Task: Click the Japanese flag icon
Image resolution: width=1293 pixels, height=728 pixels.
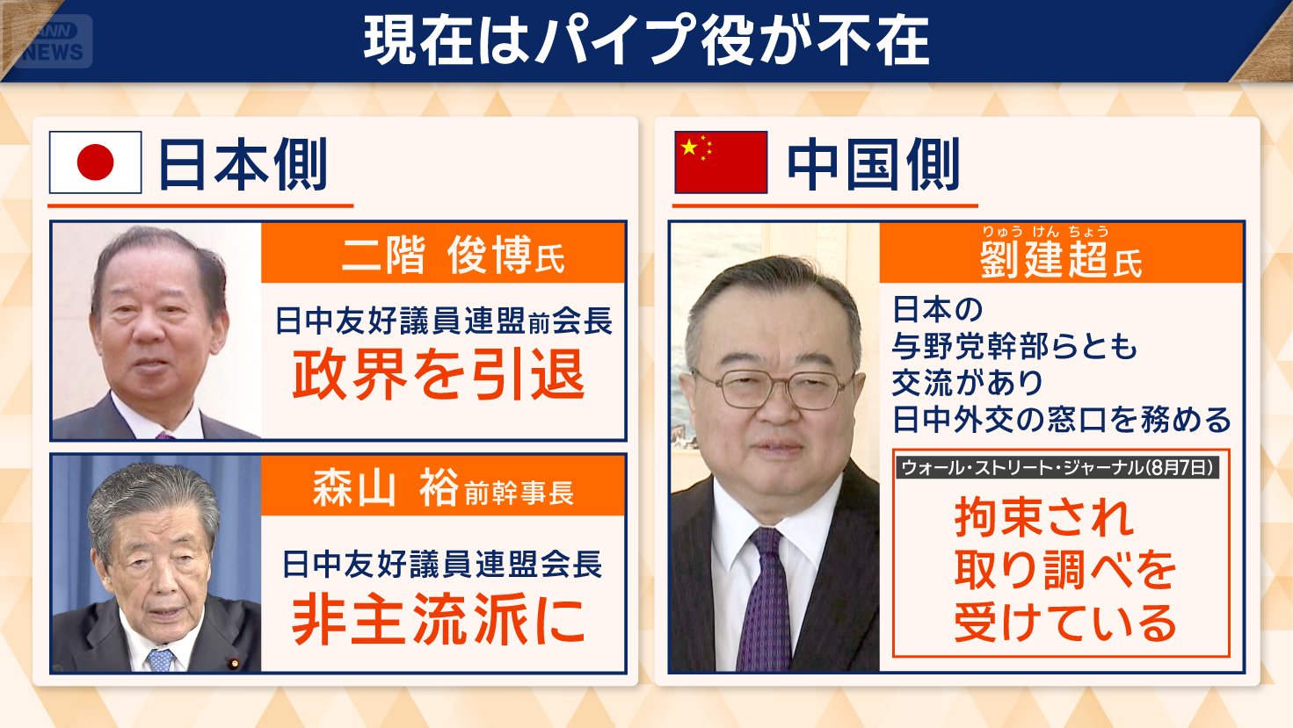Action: pyautogui.click(x=95, y=162)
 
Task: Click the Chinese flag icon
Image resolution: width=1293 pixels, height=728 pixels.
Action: pyautogui.click(x=720, y=162)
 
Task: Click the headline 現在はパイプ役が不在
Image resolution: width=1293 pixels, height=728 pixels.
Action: pyautogui.click(x=646, y=41)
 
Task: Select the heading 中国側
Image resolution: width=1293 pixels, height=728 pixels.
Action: pyautogui.click(x=873, y=164)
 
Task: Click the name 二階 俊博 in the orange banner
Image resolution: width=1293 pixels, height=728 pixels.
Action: pyautogui.click(x=437, y=256)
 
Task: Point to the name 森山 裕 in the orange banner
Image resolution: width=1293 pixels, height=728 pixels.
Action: pyautogui.click(x=386, y=487)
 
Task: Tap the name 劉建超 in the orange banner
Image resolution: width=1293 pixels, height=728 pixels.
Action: pyautogui.click(x=1043, y=261)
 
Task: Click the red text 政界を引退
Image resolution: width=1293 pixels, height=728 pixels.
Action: pyautogui.click(x=439, y=375)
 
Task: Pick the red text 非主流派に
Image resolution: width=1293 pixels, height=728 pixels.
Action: pyautogui.click(x=439, y=618)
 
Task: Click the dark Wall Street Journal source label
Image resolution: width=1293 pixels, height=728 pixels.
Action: pyautogui.click(x=1057, y=467)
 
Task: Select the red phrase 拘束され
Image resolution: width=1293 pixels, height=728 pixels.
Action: pyautogui.click(x=1043, y=517)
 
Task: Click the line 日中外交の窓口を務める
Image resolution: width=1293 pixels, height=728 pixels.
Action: pyautogui.click(x=1061, y=420)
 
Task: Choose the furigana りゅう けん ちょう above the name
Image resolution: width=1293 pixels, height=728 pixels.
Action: pyautogui.click(x=1044, y=232)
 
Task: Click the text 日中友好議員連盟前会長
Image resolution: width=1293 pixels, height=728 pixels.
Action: pyautogui.click(x=443, y=321)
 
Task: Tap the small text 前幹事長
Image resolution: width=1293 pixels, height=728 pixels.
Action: pyautogui.click(x=519, y=493)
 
